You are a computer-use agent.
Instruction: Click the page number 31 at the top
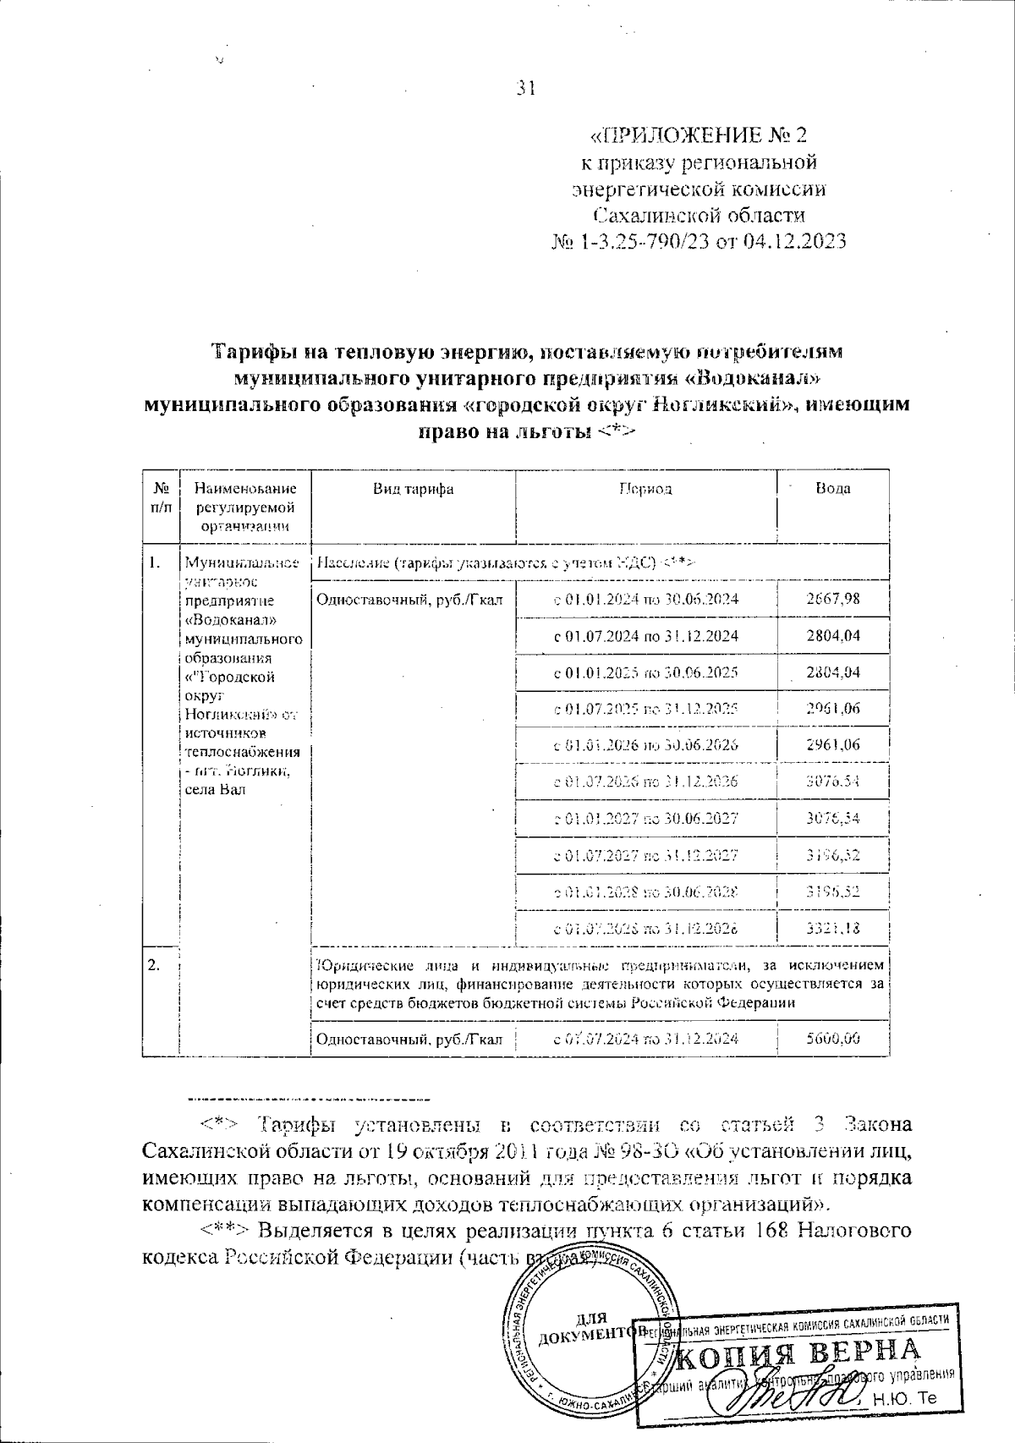[526, 89]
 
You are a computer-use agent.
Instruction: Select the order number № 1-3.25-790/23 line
[699, 242]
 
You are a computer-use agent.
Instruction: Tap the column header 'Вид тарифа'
[414, 489]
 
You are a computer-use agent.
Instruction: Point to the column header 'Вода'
[833, 489]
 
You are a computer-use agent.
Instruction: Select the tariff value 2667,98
[833, 599]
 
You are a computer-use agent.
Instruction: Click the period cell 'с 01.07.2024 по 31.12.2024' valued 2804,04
[646, 636]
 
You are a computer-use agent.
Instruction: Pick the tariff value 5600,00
[833, 1039]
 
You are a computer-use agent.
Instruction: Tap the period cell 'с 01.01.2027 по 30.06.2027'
[646, 819]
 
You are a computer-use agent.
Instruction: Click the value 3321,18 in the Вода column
[833, 928]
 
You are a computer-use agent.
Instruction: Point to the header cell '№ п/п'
[162, 497]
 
